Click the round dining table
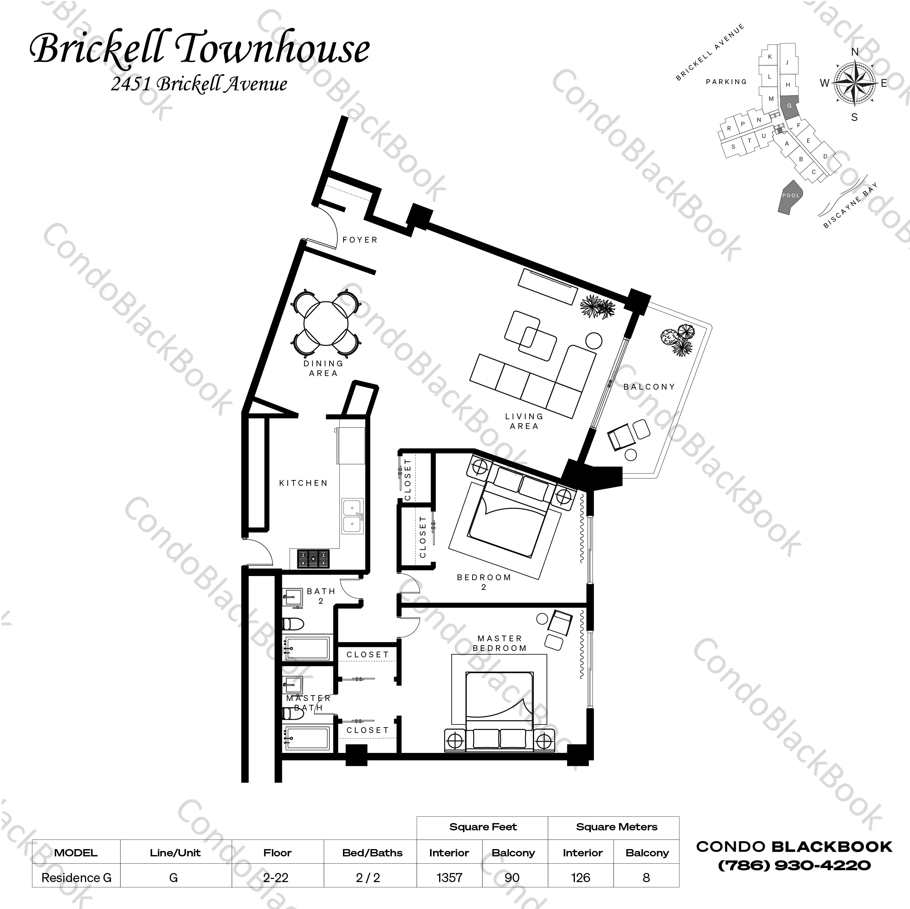coord(326,323)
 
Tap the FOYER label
coord(360,240)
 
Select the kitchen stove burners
coord(313,559)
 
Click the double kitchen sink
coord(352,516)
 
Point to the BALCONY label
coord(649,387)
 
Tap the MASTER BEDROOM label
coord(499,643)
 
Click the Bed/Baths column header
coord(372,852)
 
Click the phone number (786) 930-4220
coord(794,865)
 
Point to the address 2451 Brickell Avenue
coord(199,84)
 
